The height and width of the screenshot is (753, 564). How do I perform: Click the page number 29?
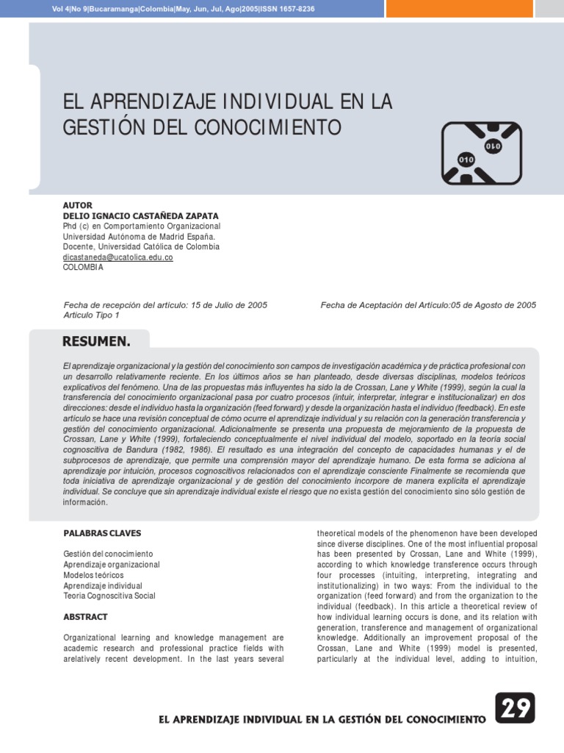point(514,709)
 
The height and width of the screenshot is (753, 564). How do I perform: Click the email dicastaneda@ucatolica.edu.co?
point(118,257)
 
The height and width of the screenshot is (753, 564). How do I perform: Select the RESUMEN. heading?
point(96,341)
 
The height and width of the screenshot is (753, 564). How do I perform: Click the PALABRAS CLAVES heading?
point(102,532)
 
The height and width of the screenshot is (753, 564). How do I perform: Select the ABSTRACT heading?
point(85,617)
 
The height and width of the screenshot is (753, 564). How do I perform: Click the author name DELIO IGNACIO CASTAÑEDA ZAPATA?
point(140,215)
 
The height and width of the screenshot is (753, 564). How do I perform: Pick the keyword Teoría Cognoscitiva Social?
point(109,596)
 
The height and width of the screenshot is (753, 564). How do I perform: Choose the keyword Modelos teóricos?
point(93,574)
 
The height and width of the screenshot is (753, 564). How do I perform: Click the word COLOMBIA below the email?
point(84,268)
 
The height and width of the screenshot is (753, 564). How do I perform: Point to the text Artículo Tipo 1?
point(92,315)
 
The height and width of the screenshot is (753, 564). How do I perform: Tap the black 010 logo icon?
point(481,153)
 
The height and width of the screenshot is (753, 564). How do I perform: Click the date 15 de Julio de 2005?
point(229,304)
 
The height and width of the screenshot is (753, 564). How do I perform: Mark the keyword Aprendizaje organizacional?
point(111,564)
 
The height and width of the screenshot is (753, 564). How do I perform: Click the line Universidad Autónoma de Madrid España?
point(139,237)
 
